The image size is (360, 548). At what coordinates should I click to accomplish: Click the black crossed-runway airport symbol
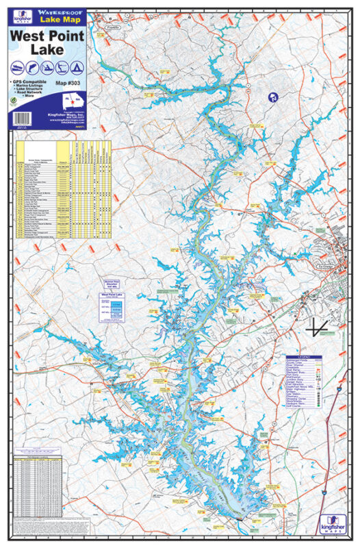coord(314,328)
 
